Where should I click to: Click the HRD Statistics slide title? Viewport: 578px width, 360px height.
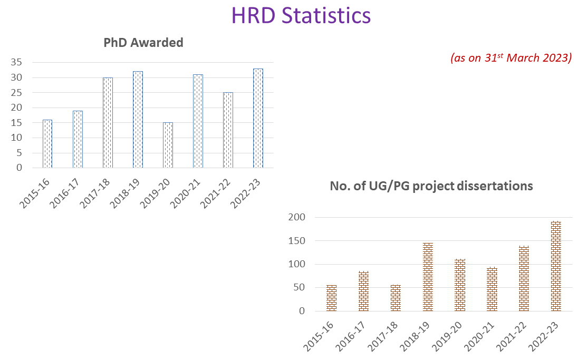(x=301, y=15)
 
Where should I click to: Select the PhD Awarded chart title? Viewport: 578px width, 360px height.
(x=143, y=43)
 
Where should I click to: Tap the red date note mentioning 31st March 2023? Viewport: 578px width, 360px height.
(x=511, y=58)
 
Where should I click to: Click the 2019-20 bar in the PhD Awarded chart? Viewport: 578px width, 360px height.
(x=168, y=145)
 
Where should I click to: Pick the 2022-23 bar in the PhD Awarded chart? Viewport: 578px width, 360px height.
(x=258, y=118)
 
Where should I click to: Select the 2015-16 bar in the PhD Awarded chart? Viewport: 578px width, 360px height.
(x=47, y=144)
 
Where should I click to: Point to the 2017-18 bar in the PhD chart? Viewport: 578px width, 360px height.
(x=108, y=123)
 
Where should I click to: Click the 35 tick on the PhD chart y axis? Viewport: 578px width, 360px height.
(x=16, y=62)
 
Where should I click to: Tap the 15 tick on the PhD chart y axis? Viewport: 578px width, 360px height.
(x=16, y=123)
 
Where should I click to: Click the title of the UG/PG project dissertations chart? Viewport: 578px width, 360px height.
(x=431, y=186)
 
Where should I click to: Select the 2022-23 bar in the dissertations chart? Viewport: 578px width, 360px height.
(x=556, y=266)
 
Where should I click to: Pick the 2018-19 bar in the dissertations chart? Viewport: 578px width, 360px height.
(x=428, y=277)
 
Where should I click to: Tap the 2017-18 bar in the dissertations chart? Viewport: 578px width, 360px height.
(x=396, y=298)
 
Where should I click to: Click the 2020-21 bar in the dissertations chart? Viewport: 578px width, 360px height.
(x=492, y=289)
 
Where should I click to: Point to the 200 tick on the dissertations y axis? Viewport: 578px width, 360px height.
(x=297, y=217)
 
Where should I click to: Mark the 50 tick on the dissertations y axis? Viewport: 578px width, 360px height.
(x=300, y=287)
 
